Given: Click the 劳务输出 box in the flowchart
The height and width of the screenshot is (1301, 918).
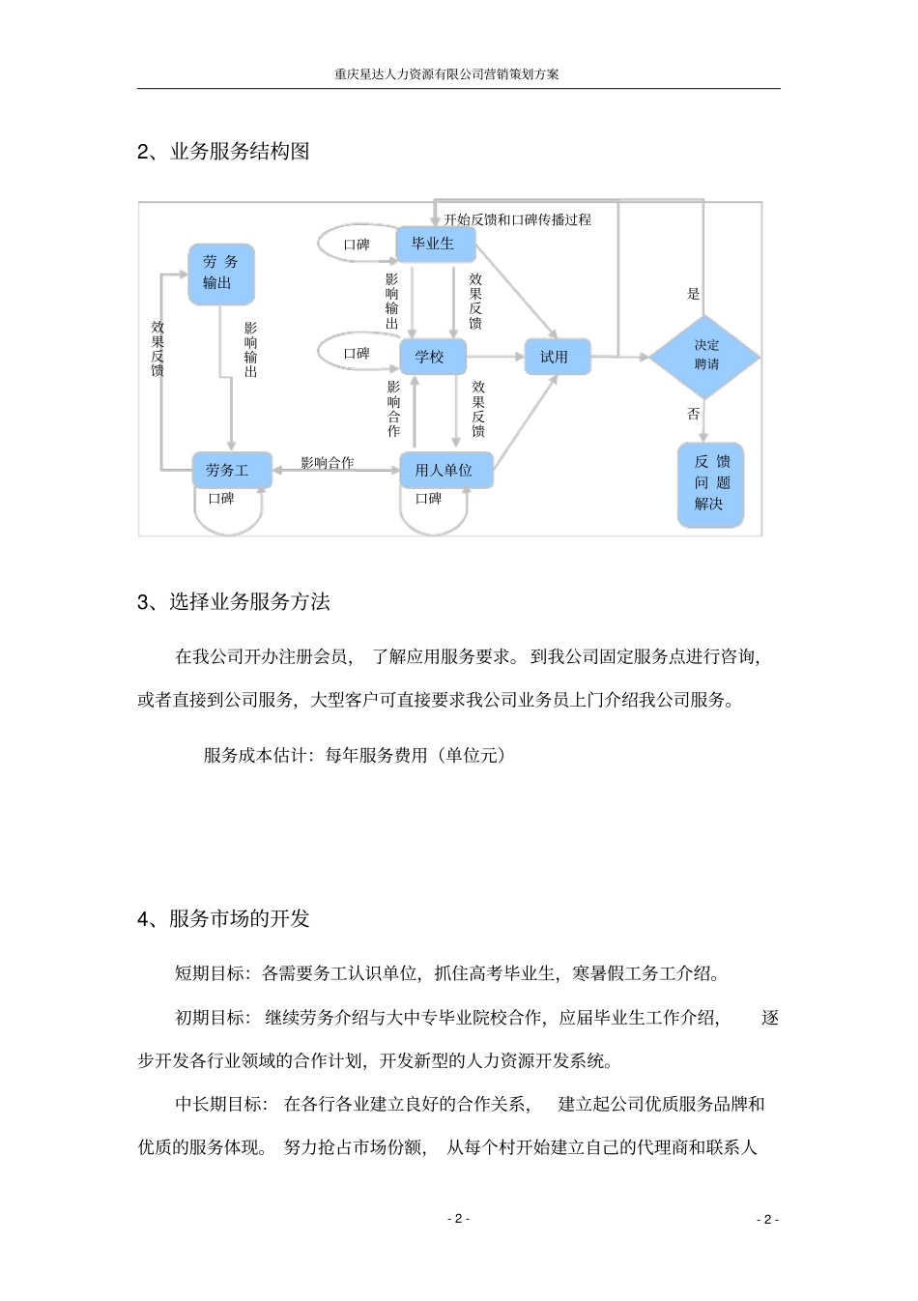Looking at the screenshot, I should click(221, 274).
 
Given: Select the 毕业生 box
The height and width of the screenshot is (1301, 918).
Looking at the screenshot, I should click(436, 245).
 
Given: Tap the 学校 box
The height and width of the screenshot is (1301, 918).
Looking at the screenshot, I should click(432, 358).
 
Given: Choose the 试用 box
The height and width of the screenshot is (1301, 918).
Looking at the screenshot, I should click(557, 357).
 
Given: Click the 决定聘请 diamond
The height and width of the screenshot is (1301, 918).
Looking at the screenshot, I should click(704, 356).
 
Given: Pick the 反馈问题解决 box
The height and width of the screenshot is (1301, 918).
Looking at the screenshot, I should click(710, 483).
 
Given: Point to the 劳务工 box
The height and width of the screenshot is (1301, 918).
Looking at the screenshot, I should click(230, 471).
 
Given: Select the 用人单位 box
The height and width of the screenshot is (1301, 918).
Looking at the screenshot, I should click(445, 471).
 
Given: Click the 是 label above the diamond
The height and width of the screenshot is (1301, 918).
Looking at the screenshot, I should click(693, 294).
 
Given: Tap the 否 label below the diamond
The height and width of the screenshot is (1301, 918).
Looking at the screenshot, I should click(693, 414).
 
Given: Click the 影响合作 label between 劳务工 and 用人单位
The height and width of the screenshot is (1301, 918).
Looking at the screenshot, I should click(328, 463).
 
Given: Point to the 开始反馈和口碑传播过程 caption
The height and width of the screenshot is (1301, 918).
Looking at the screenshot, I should click(518, 219).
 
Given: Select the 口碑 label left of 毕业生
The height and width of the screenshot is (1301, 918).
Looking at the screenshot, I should click(357, 245).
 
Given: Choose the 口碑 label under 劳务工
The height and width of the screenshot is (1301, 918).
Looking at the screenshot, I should click(221, 499).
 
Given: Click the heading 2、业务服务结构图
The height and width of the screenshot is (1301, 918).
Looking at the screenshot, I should click(223, 152).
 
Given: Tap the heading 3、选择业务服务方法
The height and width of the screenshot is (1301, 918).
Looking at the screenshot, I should click(234, 602).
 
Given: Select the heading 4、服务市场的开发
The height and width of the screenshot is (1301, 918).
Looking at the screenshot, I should click(223, 918).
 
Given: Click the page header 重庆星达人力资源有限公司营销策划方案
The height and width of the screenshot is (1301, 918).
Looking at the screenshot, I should click(446, 73).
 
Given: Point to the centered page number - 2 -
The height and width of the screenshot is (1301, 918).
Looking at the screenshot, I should click(458, 1219).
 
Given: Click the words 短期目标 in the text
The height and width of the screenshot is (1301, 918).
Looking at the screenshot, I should click(210, 973).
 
